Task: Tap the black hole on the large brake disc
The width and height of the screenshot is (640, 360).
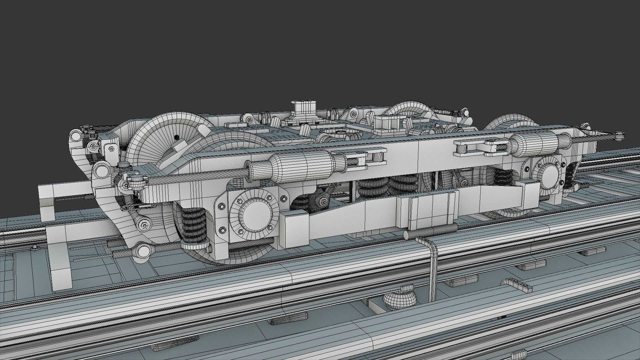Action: point(176,137)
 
